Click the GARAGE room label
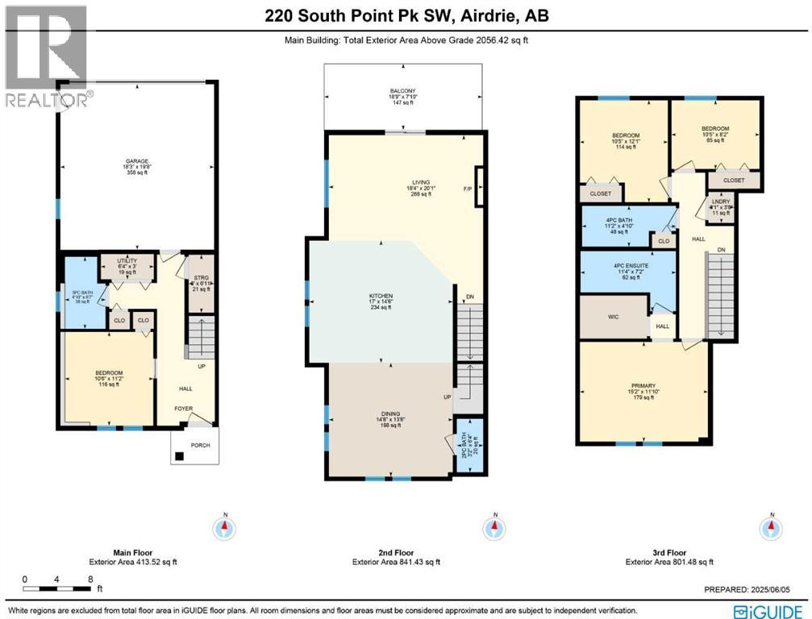click(135, 161)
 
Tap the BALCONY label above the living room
click(404, 91)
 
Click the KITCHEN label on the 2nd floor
click(380, 296)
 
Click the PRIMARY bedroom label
click(643, 385)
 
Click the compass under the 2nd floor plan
click(493, 529)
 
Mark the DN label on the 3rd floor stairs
click(722, 251)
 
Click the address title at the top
click(406, 15)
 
